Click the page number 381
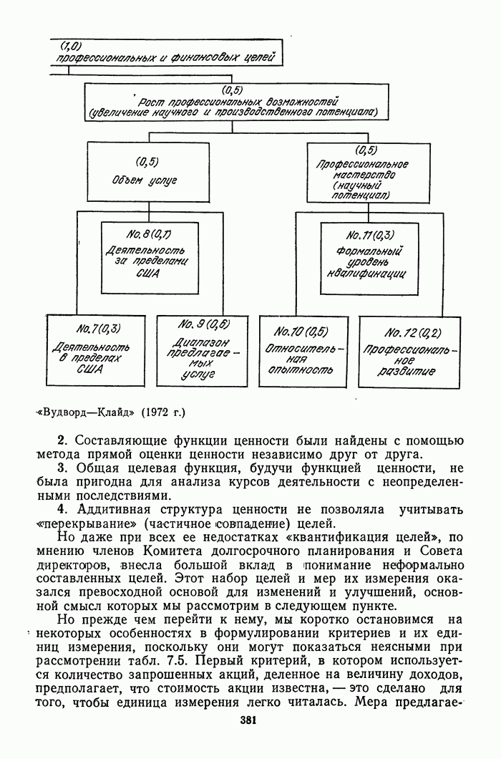tap(249, 721)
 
